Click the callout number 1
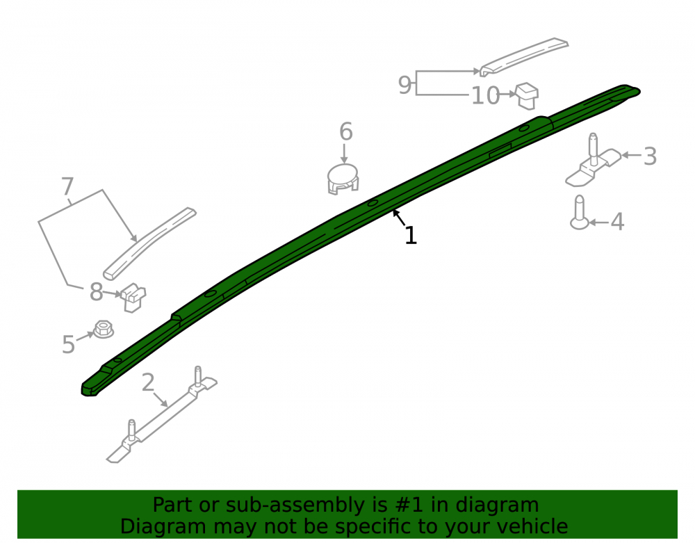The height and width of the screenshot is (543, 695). click(411, 236)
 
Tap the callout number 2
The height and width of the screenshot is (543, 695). click(148, 382)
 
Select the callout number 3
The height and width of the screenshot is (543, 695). click(650, 156)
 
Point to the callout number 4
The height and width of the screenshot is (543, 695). click(617, 222)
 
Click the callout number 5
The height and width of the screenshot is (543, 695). click(68, 344)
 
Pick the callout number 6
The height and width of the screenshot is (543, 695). click(345, 131)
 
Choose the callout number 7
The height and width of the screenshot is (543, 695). click(67, 186)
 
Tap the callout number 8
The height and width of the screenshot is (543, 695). click(96, 292)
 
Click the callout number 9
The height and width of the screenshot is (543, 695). click(404, 85)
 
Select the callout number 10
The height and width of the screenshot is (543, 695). click(485, 96)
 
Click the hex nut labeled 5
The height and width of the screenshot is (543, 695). click(104, 330)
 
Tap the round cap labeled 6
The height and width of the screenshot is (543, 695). click(343, 179)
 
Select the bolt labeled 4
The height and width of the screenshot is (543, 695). click(580, 213)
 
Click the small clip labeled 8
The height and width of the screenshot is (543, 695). click(133, 298)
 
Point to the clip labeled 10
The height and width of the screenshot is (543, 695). click(527, 96)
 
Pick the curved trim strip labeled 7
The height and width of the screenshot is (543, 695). click(149, 243)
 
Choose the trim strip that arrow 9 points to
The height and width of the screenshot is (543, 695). click(524, 57)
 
